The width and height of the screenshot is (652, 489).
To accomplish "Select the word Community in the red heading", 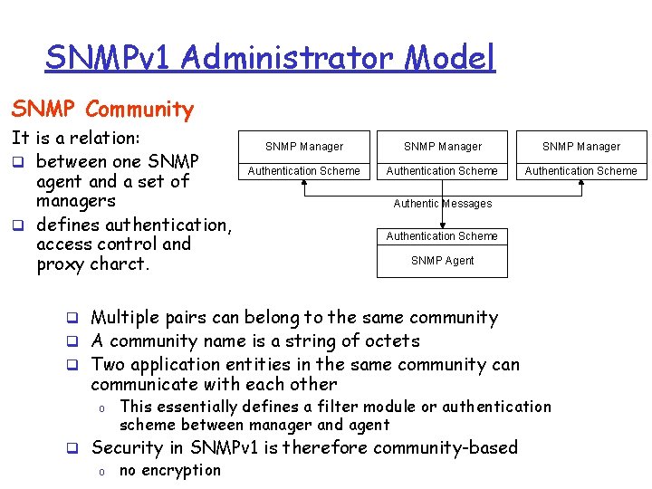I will coord(139,110).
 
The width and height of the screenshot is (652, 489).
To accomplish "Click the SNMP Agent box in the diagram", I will coord(442,261).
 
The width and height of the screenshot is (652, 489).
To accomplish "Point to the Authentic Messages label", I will coord(442,204).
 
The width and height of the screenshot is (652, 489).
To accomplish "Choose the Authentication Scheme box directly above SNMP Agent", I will coord(442,236).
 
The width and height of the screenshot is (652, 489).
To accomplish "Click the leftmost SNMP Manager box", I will coord(303,146).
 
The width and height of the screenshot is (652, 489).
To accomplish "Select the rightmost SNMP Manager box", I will coord(580,146).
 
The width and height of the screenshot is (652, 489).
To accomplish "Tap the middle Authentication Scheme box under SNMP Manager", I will coord(442,171).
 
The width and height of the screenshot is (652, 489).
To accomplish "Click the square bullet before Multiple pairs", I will coord(78,319).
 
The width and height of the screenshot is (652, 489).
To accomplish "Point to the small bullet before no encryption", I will coord(103,471).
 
